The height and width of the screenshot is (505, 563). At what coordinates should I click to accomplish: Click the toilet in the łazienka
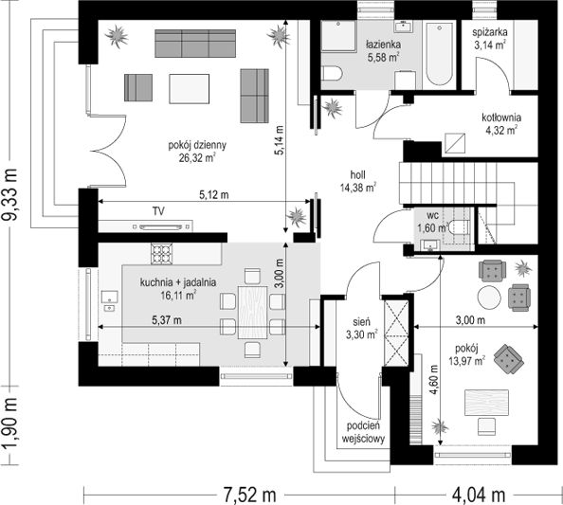331,74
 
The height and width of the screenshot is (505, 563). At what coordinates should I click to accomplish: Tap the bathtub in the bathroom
439,54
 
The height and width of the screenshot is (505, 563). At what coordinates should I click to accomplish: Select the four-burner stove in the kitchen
161,254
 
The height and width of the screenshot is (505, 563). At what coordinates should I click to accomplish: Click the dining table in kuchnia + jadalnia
253,313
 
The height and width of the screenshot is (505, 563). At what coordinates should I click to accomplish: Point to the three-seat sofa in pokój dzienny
195,44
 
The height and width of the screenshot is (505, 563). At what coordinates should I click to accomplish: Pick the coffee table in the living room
190,89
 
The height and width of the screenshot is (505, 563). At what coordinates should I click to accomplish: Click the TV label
158,211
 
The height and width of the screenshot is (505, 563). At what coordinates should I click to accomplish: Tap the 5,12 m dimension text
214,195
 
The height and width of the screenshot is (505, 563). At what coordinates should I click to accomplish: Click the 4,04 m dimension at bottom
479,496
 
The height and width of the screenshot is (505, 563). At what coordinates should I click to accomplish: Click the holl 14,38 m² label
358,181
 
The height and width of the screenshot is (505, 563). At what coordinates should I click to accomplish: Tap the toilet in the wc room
460,226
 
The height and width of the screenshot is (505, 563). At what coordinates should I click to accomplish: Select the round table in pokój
489,298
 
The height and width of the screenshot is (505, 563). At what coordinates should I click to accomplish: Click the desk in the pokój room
486,403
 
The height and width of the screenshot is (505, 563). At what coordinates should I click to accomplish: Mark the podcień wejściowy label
363,432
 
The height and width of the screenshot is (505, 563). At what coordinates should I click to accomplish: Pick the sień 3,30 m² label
361,329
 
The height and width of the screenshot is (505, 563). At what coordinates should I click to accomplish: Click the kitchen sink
110,298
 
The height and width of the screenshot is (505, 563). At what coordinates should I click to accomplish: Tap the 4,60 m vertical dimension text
434,380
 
